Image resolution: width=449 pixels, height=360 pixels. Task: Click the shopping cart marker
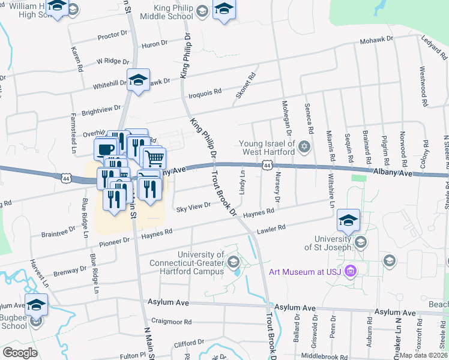tap(154, 158)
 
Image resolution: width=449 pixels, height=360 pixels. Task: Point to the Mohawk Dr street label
tap(376, 40)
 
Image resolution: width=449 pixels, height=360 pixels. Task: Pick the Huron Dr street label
tap(154, 44)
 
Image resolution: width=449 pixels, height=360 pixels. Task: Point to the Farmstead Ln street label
tap(74, 131)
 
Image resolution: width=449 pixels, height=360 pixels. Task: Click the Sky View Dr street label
tap(193, 205)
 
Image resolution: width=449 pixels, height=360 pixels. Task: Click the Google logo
tap(20, 353)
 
